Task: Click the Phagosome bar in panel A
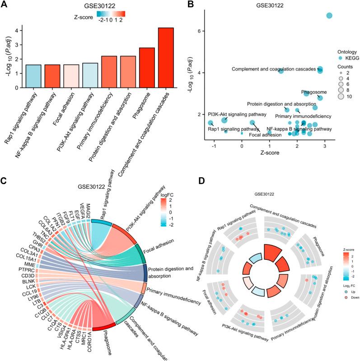tap(147, 68)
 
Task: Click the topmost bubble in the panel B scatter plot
tap(329, 16)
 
